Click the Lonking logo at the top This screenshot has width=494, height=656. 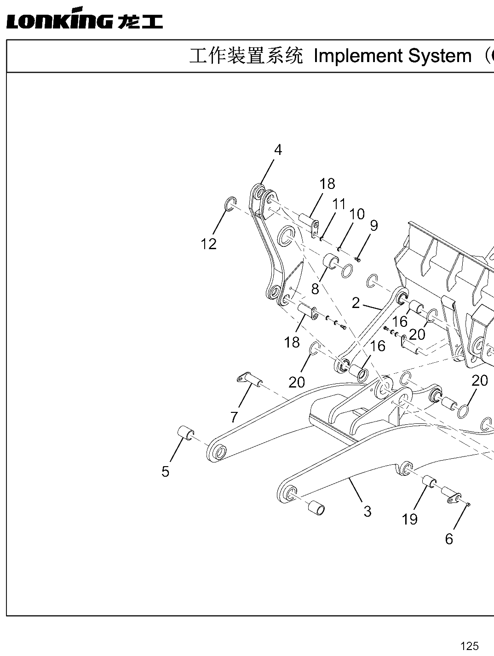pyautogui.click(x=85, y=18)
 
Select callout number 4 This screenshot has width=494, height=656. pyautogui.click(x=278, y=150)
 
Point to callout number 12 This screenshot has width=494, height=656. pyautogui.click(x=208, y=244)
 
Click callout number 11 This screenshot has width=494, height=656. pyautogui.click(x=339, y=204)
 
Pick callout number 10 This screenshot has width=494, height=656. pyautogui.click(x=357, y=214)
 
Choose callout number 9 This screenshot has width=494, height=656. pyautogui.click(x=374, y=226)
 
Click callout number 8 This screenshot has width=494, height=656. pyautogui.click(x=315, y=289)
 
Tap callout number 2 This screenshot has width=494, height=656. pyautogui.click(x=356, y=303)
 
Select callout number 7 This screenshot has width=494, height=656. pyautogui.click(x=234, y=417)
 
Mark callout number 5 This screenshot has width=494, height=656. pyautogui.click(x=166, y=472)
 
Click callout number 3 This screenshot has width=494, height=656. pyautogui.click(x=368, y=511)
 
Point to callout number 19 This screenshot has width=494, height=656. pyautogui.click(x=410, y=519)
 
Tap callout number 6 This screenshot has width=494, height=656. pyautogui.click(x=449, y=539)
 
